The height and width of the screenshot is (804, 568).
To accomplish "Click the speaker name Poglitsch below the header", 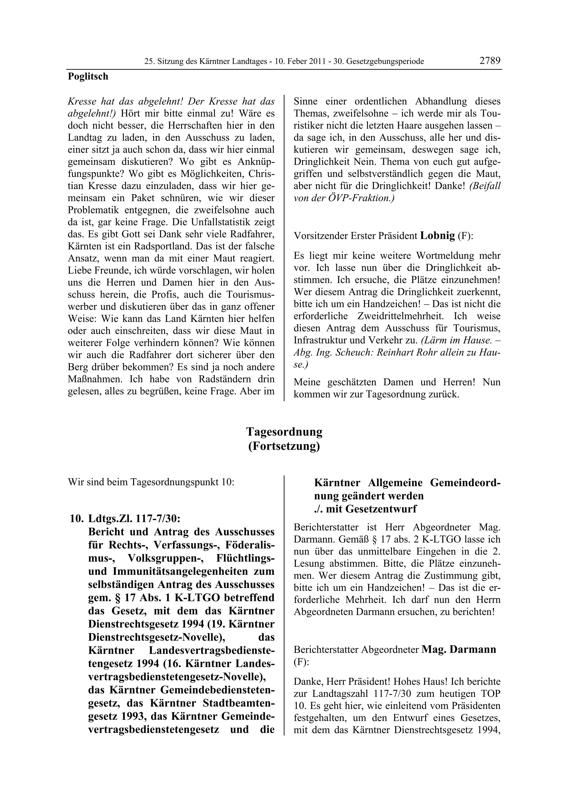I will tap(88, 76).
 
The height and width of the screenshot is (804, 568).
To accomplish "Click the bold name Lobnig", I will tap(437, 235).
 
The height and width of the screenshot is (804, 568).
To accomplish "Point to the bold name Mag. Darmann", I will tap(459, 649).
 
